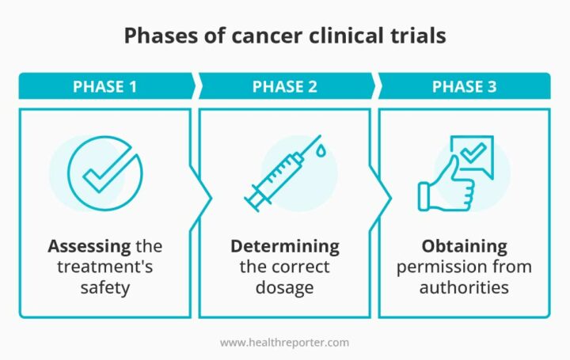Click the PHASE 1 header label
pyautogui.click(x=104, y=86)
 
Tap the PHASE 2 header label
pyautogui.click(x=284, y=86)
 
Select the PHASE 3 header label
pyautogui.click(x=464, y=86)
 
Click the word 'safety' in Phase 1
pyautogui.click(x=104, y=286)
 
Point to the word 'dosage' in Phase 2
pyautogui.click(x=284, y=286)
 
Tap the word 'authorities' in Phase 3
pyautogui.click(x=464, y=286)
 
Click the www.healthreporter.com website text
pyautogui.click(x=284, y=342)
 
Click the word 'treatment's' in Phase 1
pyautogui.click(x=104, y=266)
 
